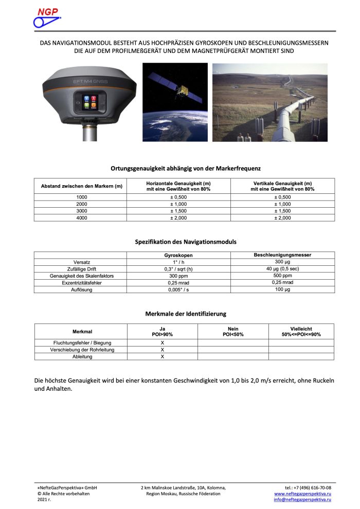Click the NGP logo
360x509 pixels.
coord(47,18)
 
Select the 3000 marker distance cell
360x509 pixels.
coord(81,211)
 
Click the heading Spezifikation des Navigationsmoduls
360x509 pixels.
coord(186,241)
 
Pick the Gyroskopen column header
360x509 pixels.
coord(178,255)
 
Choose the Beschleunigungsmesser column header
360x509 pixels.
coord(282,255)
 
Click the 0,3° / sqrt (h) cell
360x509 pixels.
coord(178,269)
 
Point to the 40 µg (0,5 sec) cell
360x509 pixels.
coord(282,269)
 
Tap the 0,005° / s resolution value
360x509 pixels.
coord(178,290)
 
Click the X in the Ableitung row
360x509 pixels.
coord(163,356)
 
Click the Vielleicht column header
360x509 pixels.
coord(301,331)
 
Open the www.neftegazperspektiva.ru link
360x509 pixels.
coord(302,493)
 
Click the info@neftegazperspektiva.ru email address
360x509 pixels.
coord(302,499)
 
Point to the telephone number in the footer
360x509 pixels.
coord(308,487)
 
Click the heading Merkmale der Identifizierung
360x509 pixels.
coord(186,313)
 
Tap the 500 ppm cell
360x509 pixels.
coord(282,276)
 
